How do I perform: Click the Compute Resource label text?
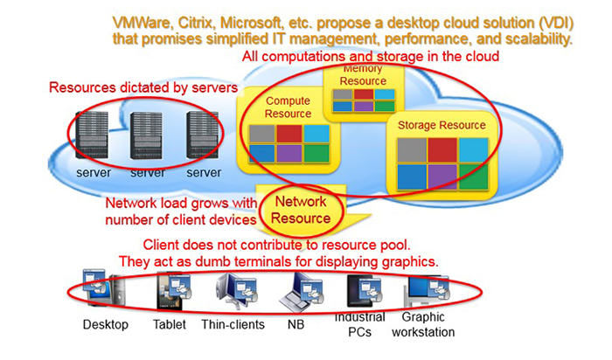pos(289,107)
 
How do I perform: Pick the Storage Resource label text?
pos(442,125)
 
